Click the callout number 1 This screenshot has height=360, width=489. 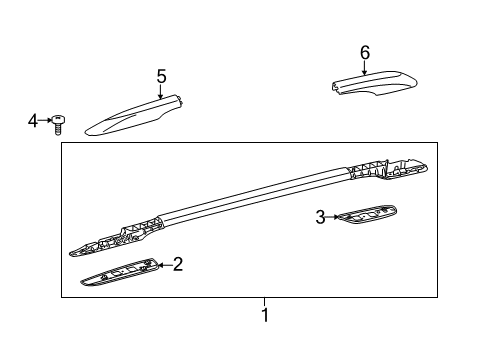click(x=265, y=316)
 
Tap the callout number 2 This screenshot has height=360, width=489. click(x=177, y=264)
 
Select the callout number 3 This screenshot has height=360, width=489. click(x=320, y=215)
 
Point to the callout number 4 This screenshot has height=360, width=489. click(x=32, y=121)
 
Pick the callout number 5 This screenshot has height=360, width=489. click(x=160, y=75)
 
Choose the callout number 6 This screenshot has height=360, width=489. click(x=365, y=52)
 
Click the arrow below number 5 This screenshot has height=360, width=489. click(x=160, y=90)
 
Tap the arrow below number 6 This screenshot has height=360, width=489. click(x=365, y=67)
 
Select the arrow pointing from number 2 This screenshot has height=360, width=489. click(x=163, y=265)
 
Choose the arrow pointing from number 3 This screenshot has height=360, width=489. click(x=333, y=215)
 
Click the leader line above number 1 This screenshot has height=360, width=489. click(x=265, y=302)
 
